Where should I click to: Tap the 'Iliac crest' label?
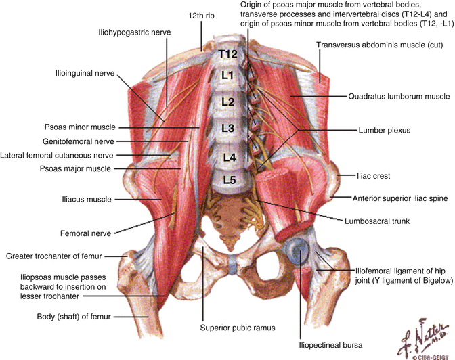374,176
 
